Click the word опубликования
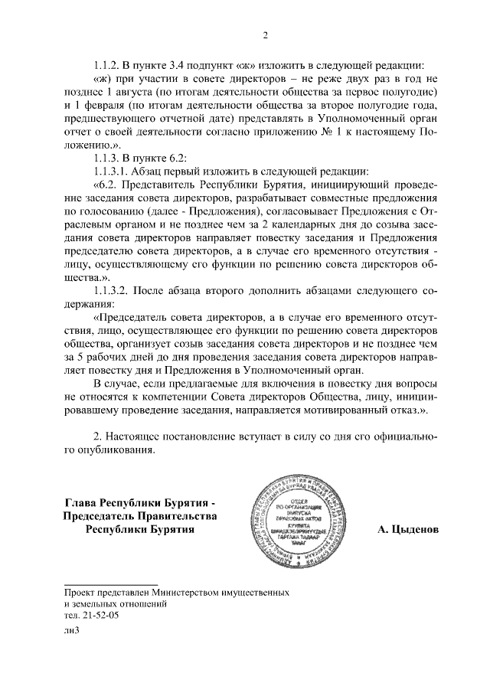pyautogui.click(x=109, y=450)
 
